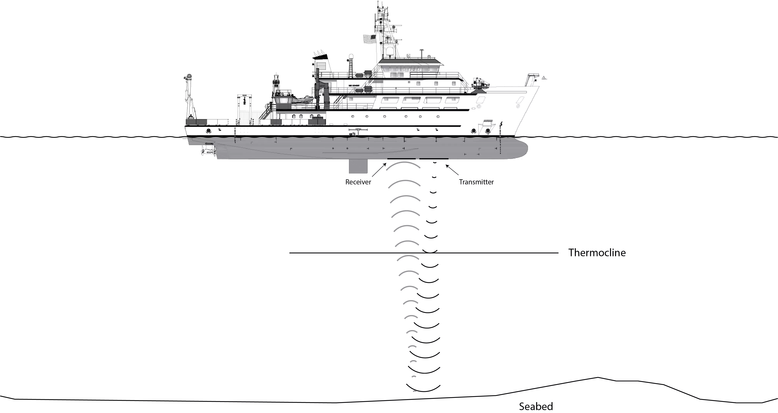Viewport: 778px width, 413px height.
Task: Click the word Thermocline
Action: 597,253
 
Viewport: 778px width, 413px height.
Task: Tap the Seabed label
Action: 536,406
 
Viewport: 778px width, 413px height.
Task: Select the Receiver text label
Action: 358,182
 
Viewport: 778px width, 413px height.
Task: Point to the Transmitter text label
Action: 476,182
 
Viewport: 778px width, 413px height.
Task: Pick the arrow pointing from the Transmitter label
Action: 452,170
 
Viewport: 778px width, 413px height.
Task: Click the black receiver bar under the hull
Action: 401,159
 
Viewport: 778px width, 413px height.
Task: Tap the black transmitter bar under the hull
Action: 434,159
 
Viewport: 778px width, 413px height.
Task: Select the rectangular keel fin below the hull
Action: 358,166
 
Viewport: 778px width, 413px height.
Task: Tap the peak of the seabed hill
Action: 598,377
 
